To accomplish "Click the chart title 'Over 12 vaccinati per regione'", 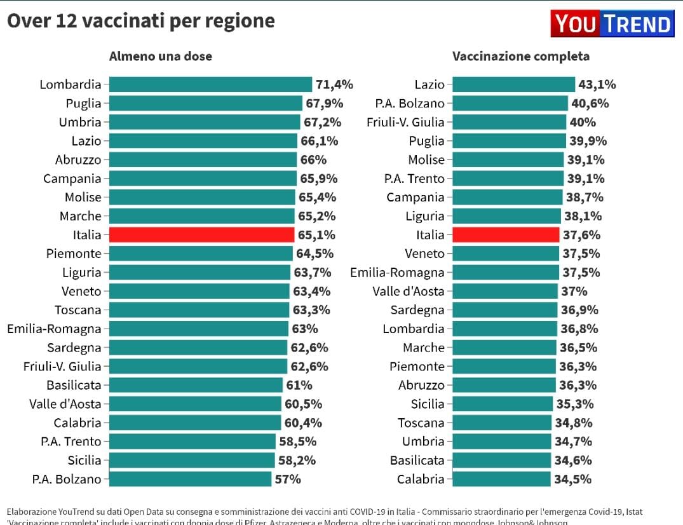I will click(140, 21).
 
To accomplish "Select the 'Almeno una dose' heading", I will click(161, 56).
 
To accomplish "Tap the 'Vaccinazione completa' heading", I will click(520, 56).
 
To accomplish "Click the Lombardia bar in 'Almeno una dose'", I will click(210, 85).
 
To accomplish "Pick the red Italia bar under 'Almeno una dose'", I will click(201, 235).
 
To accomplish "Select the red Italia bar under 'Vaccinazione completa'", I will click(506, 235).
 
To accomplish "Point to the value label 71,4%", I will click(334, 85).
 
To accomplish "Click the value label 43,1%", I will click(597, 85).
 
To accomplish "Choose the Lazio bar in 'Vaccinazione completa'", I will click(514, 85).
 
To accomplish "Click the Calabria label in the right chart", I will click(421, 479).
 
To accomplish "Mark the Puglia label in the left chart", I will click(83, 103).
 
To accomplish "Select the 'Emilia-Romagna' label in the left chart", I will click(54, 329).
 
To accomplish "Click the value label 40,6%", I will click(590, 103).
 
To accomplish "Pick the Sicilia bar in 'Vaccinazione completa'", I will click(502, 404).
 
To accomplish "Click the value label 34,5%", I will click(573, 479).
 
